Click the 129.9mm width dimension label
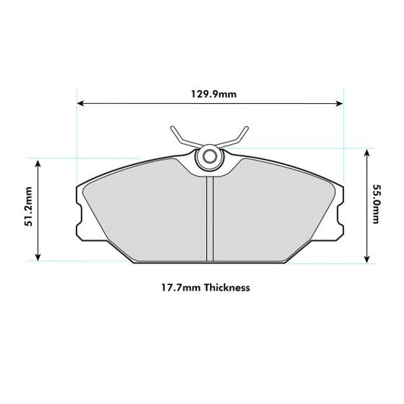211,94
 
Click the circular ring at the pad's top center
209,158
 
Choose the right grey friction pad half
273,216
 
